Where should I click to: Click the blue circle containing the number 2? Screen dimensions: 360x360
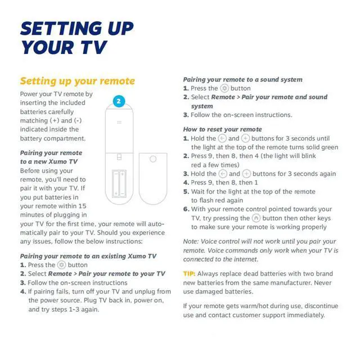[x=119, y=102]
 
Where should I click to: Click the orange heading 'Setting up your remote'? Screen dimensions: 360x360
[x=77, y=80]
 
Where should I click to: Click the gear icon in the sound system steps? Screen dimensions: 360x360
[x=224, y=88]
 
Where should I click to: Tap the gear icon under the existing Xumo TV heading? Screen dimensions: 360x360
[x=62, y=265]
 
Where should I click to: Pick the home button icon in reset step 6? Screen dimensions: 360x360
[x=256, y=218]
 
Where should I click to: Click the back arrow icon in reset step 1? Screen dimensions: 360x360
[x=223, y=138]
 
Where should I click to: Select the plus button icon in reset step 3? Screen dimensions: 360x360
[x=245, y=174]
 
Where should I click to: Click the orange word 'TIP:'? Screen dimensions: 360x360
[x=190, y=273]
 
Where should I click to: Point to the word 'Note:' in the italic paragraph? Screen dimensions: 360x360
[x=192, y=241]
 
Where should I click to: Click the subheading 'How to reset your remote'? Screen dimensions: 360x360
[x=222, y=129]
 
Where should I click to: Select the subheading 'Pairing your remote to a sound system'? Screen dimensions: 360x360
[x=242, y=79]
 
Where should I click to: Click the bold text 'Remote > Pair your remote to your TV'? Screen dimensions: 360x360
[x=106, y=274]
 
